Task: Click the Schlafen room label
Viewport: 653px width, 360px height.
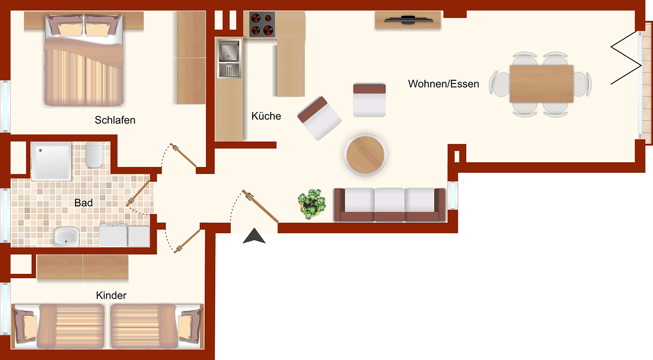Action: pos(115,120)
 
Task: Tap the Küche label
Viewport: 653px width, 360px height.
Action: pos(266,116)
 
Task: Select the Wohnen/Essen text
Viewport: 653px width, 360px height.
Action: pos(443,84)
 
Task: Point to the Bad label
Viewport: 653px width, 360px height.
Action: pos(83,203)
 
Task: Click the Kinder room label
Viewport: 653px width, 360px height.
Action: pos(111,295)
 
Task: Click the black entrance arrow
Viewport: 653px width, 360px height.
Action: pos(254,236)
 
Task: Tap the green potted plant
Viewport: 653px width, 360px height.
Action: pos(312,204)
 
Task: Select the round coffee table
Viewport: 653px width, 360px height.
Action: pos(365,155)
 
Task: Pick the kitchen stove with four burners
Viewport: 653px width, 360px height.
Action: pos(262,24)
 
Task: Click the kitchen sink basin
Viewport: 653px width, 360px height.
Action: pos(229,51)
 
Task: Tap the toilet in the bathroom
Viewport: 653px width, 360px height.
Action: pos(94,155)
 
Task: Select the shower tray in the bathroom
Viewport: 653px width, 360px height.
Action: pos(51,161)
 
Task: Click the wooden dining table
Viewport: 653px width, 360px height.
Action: pos(541,84)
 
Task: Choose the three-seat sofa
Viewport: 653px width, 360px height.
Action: pos(390,204)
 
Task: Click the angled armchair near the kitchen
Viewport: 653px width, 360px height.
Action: pos(320,118)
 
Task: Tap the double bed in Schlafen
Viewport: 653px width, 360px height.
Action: pos(83,60)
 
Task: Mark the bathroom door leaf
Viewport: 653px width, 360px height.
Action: pos(138,193)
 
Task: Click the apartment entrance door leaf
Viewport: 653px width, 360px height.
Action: pos(260,206)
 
